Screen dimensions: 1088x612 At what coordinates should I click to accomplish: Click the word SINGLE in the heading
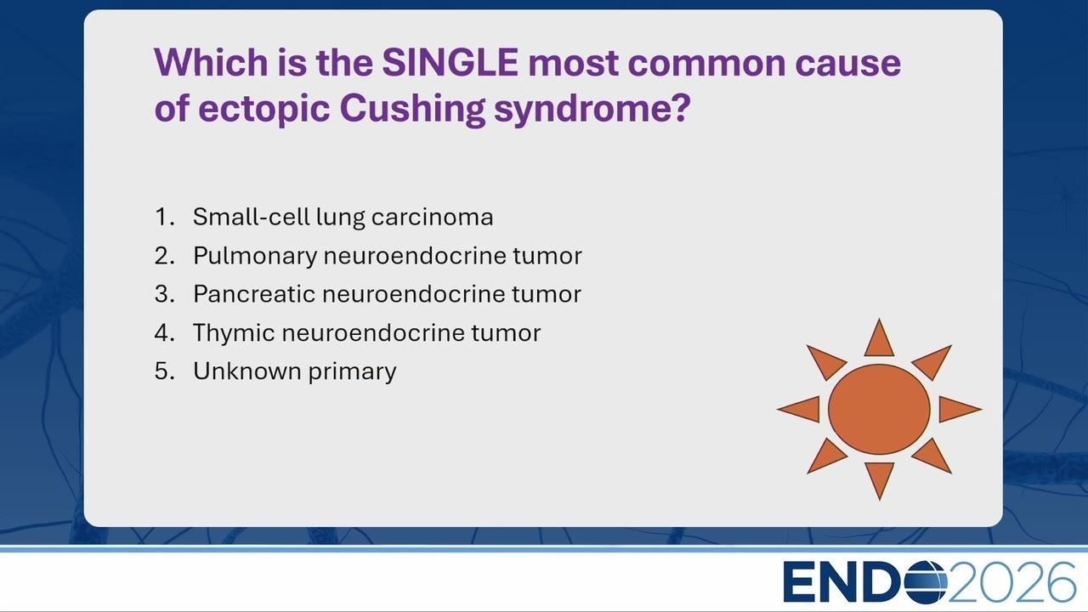coord(450,63)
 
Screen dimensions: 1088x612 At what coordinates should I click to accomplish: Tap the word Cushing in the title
coord(412,110)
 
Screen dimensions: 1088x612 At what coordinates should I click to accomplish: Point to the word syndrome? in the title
coord(592,110)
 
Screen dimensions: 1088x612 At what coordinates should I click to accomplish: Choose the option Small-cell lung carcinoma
coord(343,217)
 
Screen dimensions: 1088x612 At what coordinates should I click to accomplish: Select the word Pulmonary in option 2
coord(255,256)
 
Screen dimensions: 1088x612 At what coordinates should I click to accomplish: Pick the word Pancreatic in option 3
coord(254,294)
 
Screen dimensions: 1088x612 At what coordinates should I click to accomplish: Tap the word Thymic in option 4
coord(234,333)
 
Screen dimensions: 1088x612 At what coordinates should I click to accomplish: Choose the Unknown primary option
coord(295,371)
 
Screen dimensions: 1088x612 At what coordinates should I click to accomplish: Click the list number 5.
coord(164,371)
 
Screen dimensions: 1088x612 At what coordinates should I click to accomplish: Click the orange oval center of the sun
coord(879,410)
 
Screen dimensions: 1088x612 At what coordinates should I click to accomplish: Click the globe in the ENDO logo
coord(926,581)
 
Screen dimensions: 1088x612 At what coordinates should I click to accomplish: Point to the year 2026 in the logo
coord(1011,582)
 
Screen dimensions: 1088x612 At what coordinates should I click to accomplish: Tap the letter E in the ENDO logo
coord(800,582)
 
